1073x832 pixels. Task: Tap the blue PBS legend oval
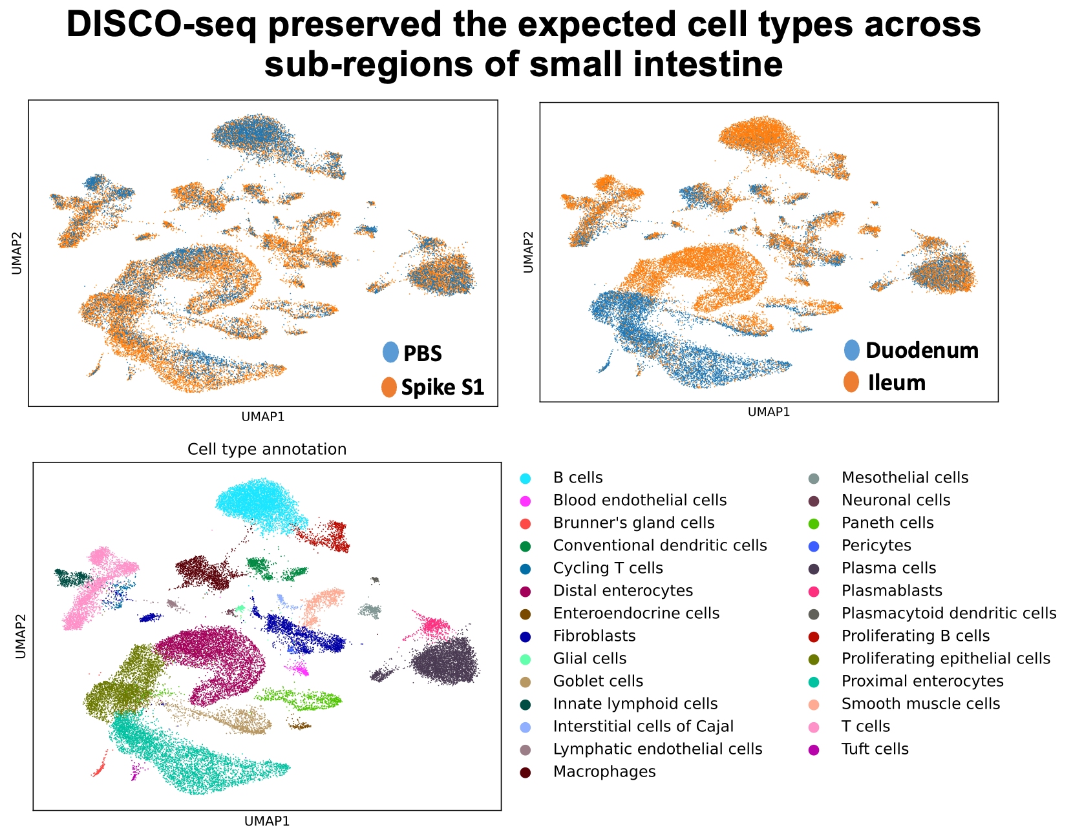[390, 352]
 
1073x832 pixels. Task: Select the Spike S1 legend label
[442, 387]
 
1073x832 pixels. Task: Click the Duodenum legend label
[922, 350]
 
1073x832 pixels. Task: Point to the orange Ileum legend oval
[851, 382]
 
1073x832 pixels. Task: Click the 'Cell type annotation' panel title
[266, 449]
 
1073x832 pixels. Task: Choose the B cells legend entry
[578, 478]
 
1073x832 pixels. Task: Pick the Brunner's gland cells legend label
[633, 523]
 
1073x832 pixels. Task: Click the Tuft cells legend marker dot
[814, 750]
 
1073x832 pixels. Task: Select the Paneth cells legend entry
[887, 523]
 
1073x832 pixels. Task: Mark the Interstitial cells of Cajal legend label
[643, 727]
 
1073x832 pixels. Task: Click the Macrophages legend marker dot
[526, 773]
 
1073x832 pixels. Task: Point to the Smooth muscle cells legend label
[920, 704]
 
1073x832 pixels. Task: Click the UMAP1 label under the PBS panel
[262, 417]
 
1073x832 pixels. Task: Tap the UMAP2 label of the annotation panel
[21, 636]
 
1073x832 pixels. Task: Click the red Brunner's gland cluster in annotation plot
[99, 769]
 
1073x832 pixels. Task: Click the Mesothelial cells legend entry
[904, 478]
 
